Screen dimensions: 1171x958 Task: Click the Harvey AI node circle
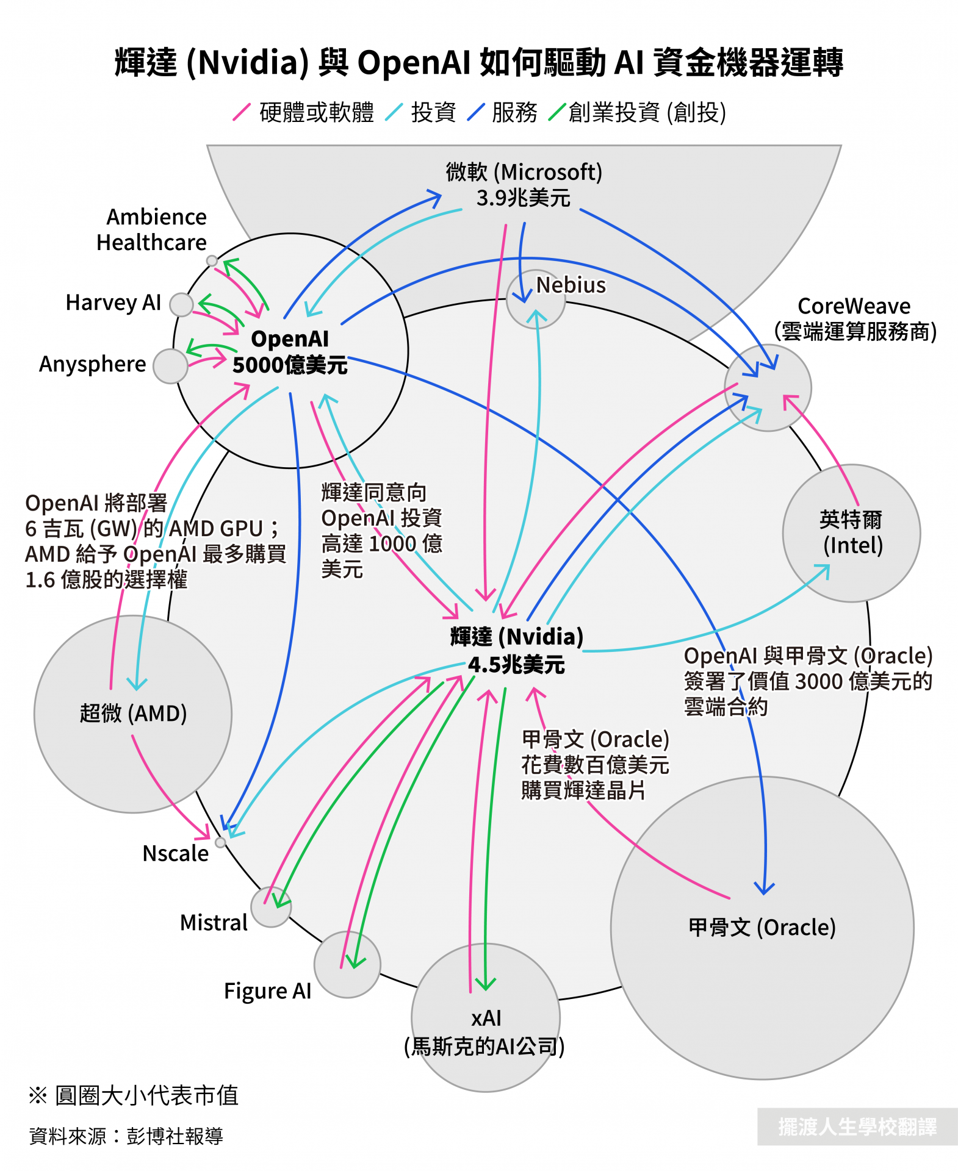(181, 304)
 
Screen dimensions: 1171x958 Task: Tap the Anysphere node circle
(170, 366)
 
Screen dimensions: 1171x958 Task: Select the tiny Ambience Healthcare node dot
(212, 261)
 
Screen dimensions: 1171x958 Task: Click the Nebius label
(571, 285)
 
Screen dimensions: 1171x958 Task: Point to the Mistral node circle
(271, 907)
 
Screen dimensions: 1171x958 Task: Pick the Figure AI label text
(267, 991)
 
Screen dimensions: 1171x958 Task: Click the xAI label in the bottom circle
(486, 1018)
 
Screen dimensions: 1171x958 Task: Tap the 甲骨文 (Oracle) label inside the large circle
(762, 928)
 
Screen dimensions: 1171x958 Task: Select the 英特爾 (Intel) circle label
(852, 532)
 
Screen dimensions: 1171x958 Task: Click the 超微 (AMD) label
(133, 713)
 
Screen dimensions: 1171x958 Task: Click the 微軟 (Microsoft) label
(524, 173)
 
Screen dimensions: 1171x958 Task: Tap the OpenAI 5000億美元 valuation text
(290, 365)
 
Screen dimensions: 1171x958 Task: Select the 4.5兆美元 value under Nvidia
(516, 665)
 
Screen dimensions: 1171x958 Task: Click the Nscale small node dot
(221, 842)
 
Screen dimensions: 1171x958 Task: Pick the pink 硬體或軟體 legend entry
(303, 112)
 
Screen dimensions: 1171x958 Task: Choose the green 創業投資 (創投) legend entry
(638, 112)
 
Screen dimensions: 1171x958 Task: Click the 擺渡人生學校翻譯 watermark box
(857, 1126)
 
